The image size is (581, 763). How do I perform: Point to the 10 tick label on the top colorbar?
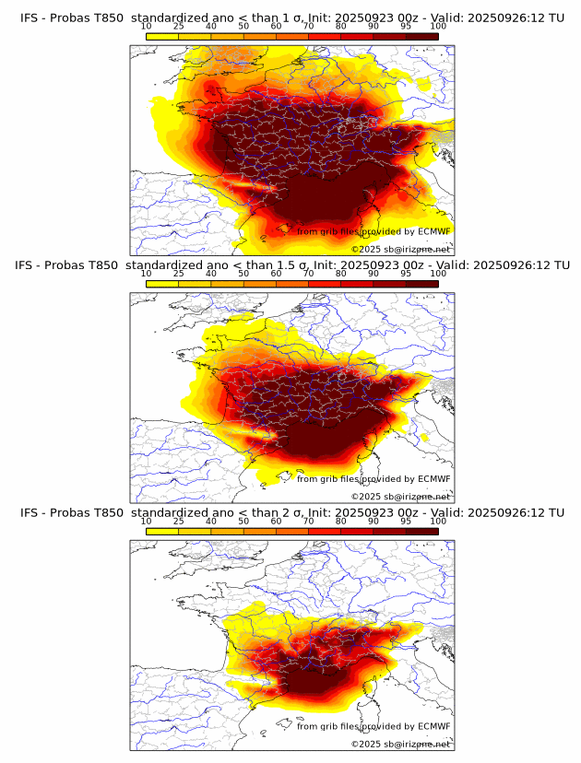(147, 27)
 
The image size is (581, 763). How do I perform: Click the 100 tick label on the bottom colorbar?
(438, 522)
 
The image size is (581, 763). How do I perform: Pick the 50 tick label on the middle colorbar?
(243, 274)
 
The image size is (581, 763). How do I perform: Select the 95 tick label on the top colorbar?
(406, 27)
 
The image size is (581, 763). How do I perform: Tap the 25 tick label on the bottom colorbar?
(179, 522)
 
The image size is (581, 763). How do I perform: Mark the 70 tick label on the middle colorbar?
(309, 274)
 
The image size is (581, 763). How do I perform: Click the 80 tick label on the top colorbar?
(341, 27)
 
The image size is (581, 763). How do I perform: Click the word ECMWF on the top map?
(433, 231)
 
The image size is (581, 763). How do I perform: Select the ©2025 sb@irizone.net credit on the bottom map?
(400, 744)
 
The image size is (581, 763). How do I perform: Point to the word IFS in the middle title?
(25, 265)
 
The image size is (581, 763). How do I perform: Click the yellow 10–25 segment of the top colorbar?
(162, 36)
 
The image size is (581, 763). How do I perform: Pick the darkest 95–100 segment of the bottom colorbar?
(421, 531)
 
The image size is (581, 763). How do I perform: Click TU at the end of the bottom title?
(557, 512)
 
